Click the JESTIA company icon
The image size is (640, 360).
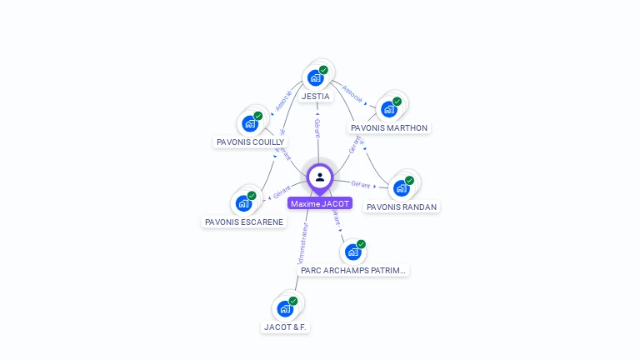[x=315, y=77]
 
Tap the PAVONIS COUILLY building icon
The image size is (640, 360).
[x=250, y=123]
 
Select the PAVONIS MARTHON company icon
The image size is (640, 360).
[x=388, y=108]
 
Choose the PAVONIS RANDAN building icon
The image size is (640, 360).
[x=402, y=187]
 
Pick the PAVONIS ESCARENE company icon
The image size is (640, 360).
[x=243, y=202]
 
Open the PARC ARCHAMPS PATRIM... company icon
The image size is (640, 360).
[x=353, y=251]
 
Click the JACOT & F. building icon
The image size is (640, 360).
[x=285, y=308]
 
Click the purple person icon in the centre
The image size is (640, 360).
[x=320, y=177]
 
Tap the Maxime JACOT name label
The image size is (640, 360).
[x=320, y=203]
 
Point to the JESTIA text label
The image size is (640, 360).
[x=316, y=97]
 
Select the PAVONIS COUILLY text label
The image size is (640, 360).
[x=250, y=142]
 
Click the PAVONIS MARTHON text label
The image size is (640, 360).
[x=389, y=128]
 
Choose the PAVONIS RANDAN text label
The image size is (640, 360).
[x=402, y=207]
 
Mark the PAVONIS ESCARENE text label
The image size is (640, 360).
[x=243, y=222]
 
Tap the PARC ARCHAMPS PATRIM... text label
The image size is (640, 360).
[x=353, y=271]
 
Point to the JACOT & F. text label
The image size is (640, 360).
[x=286, y=327]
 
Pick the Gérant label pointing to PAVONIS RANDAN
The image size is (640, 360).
[x=361, y=184]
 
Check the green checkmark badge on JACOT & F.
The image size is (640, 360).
[x=293, y=301]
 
